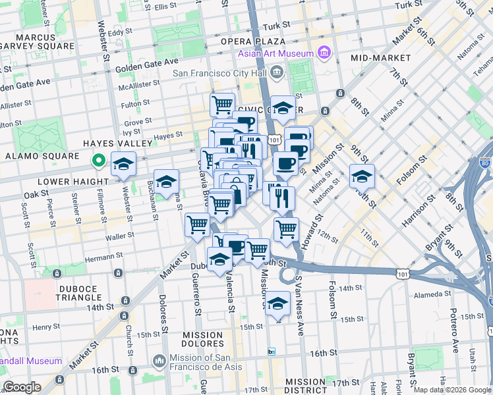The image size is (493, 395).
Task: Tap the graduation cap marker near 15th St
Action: pos(278,304)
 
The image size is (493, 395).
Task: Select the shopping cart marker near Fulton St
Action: pos(223,104)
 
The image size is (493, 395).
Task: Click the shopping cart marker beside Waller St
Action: pos(197,226)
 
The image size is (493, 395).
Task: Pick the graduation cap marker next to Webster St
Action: pos(123,164)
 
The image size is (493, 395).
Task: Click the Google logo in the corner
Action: pos(22,387)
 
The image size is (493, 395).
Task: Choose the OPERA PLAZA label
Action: pos(246,41)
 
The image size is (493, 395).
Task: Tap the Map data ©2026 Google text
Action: pos(451,390)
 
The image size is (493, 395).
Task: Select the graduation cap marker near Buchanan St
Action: pos(167,182)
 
